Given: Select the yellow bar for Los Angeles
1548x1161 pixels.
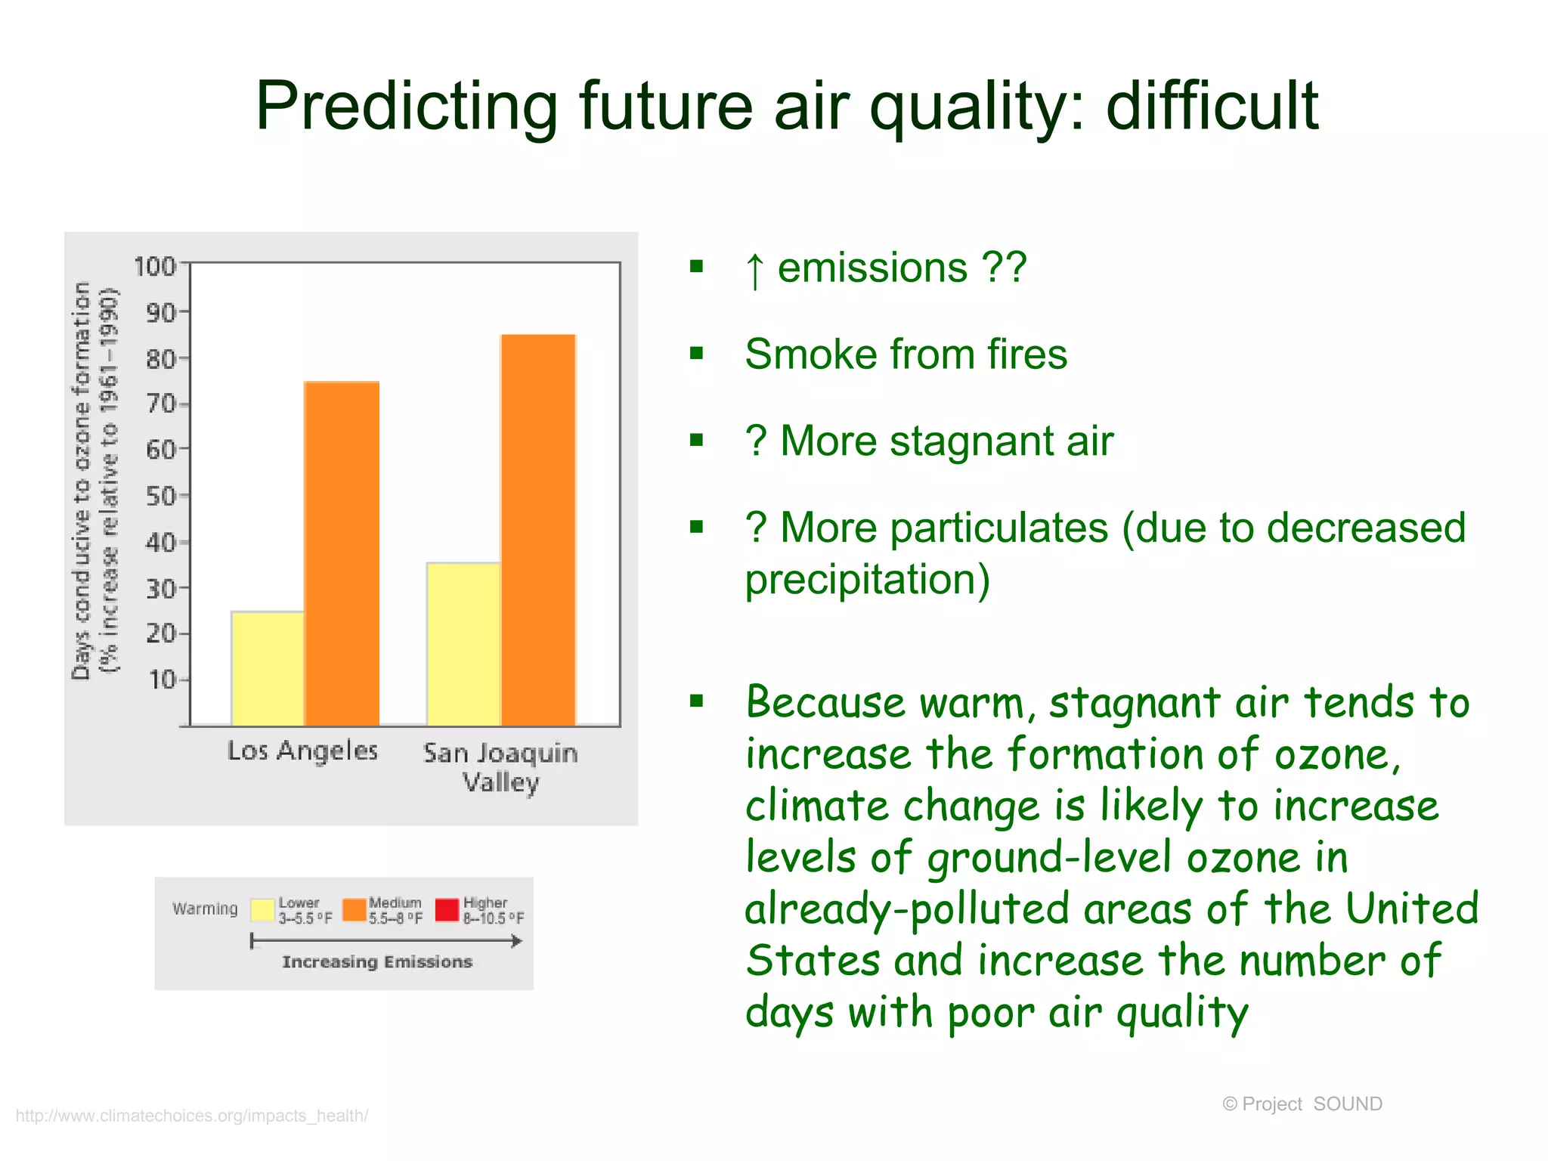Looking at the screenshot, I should pos(268,668).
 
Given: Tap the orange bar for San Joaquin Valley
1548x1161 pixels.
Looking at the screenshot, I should pos(538,529).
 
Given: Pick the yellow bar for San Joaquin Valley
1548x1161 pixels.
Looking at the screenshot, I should pos(463,644).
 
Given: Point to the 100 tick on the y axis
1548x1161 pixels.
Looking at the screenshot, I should pos(155,266).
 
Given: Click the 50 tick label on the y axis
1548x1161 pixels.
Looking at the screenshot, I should pos(161,497).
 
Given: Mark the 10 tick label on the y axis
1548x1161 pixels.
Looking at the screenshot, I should pos(162,680).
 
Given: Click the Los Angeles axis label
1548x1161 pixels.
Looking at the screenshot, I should pos(302,751).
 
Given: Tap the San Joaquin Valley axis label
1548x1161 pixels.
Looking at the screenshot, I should pos(500,766).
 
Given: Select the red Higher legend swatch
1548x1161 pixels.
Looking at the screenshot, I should pos(447,909).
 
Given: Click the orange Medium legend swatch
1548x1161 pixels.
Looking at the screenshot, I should pos(354,909).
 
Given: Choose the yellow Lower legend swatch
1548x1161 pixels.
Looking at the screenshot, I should pos(262,909).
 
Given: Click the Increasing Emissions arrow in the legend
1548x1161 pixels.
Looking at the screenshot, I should pos(385,941).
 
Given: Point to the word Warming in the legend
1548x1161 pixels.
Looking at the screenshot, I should pos(205,909).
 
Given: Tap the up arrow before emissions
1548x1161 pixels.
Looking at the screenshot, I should pos(754,270).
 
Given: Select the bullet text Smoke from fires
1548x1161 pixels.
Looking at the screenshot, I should pos(906,354).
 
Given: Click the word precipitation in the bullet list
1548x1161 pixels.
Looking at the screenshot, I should pos(867,580).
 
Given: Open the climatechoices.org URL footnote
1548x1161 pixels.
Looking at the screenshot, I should pos(192,1116).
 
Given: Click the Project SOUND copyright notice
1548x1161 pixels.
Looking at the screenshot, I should pos(1302,1104).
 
